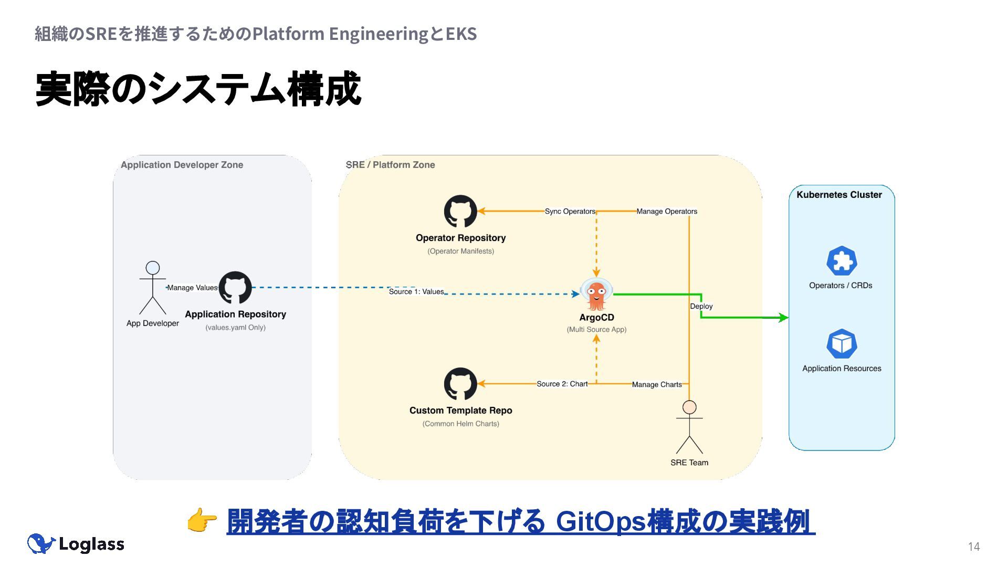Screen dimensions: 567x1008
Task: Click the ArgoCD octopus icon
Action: coord(596,295)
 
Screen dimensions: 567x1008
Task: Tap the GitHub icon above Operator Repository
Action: coord(460,212)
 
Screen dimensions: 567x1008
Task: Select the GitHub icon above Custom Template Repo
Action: coord(460,384)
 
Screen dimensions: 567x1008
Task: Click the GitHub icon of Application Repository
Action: coord(235,288)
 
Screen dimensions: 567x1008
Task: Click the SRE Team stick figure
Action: coord(689,427)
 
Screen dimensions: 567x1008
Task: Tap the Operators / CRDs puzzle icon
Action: coord(842,261)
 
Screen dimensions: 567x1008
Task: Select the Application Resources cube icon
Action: coord(842,344)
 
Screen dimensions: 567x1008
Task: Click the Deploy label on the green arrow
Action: coord(701,306)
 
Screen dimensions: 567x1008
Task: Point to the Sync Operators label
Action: coord(570,212)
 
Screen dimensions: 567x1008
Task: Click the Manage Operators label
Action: coord(667,212)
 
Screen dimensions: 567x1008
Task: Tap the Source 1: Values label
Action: coord(416,292)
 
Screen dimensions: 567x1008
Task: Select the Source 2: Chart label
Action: coord(562,384)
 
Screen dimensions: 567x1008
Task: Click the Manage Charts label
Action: coord(657,384)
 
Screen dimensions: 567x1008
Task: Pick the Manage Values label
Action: coord(192,288)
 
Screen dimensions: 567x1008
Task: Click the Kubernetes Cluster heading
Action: coord(839,195)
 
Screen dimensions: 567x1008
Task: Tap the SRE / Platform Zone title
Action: coord(391,165)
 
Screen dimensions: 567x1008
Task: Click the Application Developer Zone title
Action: coord(182,165)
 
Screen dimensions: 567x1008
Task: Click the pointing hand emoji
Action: coord(202,521)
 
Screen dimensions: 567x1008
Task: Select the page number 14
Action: coord(974,547)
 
